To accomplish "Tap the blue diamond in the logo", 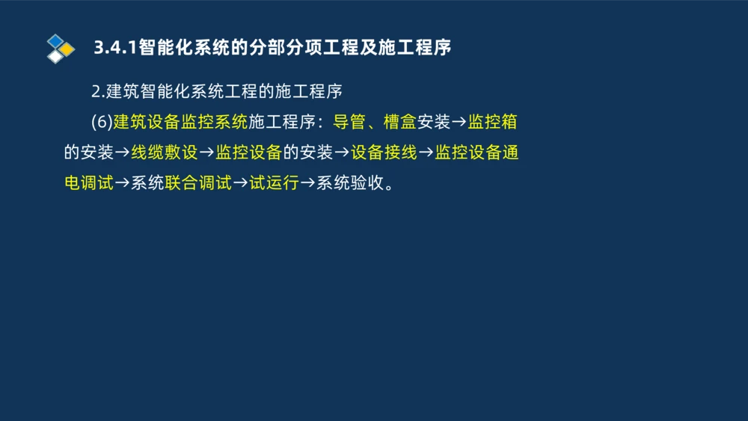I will pos(55,40).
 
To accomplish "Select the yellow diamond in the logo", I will pos(67,49).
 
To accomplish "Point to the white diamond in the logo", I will pos(55,57).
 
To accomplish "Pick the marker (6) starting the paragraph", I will pos(101,122).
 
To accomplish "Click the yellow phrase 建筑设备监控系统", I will pos(180,122).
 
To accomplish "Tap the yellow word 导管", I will pos(349,122).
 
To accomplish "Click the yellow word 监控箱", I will pos(493,122).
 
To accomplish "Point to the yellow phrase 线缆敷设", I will pos(164,153).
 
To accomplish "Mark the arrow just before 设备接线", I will pos(341,153).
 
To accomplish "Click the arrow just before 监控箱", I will pos(459,122).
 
